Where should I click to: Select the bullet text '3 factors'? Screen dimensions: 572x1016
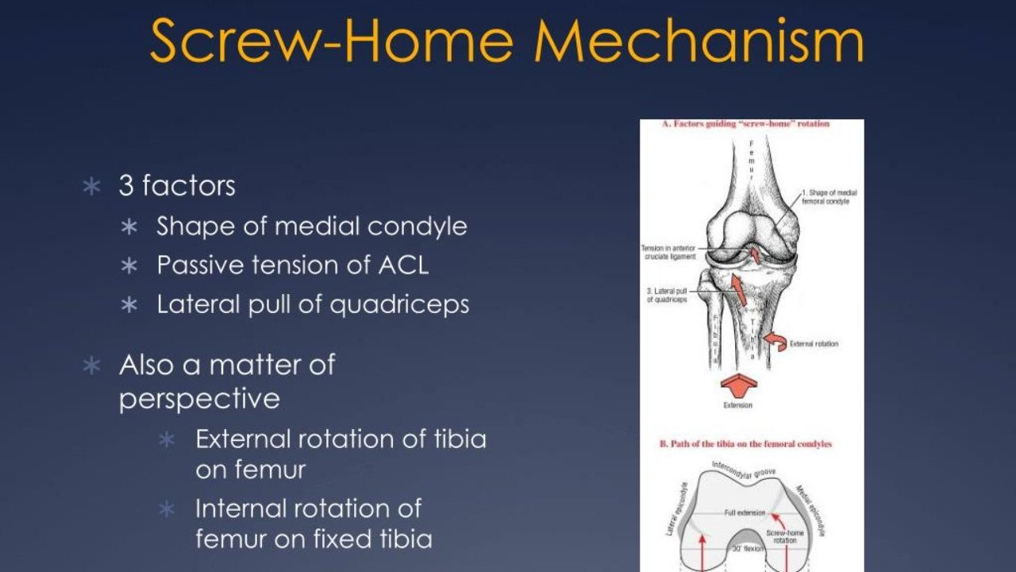[177, 186]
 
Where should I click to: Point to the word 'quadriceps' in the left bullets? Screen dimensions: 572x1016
[399, 306]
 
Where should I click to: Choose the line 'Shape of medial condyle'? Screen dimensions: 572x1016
[312, 226]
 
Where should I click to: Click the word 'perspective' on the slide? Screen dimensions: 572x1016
[199, 399]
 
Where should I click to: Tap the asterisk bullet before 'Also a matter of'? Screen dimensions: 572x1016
[93, 365]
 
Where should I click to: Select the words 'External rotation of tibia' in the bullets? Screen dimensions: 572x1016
[341, 439]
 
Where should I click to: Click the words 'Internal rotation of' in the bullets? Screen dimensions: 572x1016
[308, 508]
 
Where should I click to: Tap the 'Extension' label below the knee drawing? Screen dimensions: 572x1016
[737, 405]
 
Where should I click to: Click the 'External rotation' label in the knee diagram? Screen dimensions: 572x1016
[814, 344]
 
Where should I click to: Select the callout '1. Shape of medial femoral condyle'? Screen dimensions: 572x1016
[829, 197]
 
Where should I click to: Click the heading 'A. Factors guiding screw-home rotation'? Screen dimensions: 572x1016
[745, 124]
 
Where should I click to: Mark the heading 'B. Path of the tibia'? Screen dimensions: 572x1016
[746, 444]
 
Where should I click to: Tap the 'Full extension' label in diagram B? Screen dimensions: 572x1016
[744, 513]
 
